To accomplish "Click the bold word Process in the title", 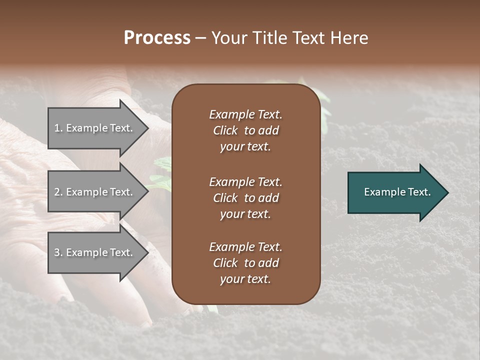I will pyautogui.click(x=157, y=38).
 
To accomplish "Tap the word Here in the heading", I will pyautogui.click(x=349, y=38).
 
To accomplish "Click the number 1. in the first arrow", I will pyautogui.click(x=58, y=128).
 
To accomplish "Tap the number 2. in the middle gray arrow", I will pyautogui.click(x=58, y=192).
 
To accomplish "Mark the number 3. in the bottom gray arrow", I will pyautogui.click(x=58, y=252).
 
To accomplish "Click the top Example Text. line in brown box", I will pyautogui.click(x=245, y=114).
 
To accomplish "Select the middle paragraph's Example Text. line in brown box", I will pyautogui.click(x=245, y=182).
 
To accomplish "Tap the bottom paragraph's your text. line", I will pyautogui.click(x=245, y=279).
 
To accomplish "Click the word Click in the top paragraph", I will pyautogui.click(x=225, y=130).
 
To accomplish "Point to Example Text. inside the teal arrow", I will pyautogui.click(x=397, y=192).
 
